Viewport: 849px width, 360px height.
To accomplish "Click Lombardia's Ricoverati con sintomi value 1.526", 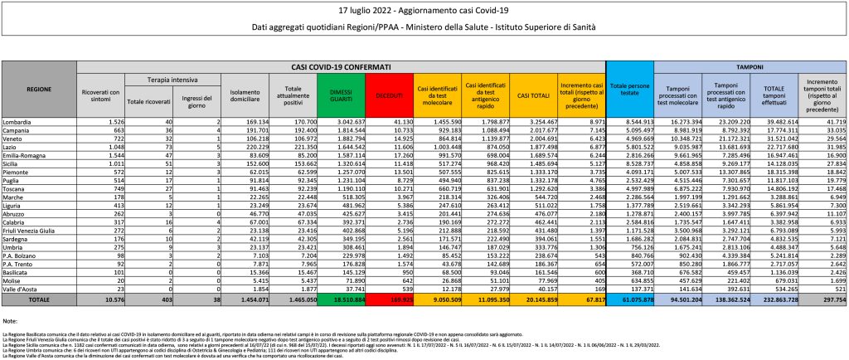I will click(x=114, y=121).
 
